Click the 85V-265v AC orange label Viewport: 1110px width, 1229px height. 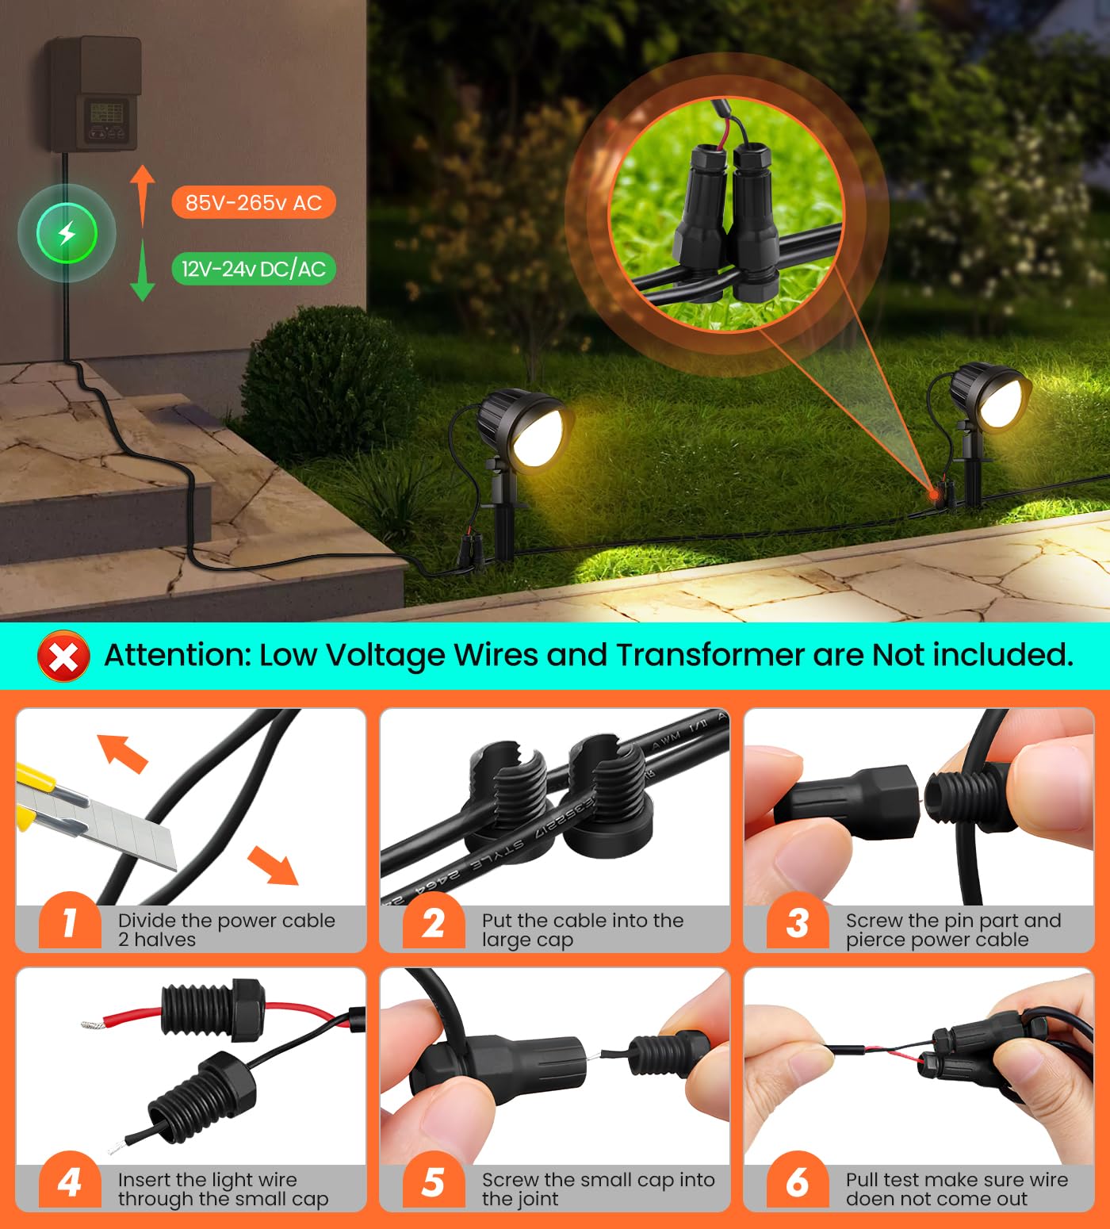(253, 203)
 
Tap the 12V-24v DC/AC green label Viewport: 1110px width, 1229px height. (253, 269)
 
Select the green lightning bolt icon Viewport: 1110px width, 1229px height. (67, 233)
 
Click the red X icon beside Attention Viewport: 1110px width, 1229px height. (63, 657)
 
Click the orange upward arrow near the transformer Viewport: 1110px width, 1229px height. (142, 194)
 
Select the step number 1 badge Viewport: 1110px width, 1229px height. (70, 923)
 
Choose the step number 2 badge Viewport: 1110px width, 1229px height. (433, 923)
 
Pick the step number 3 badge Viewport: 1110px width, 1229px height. (797, 923)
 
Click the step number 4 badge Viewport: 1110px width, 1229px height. (70, 1182)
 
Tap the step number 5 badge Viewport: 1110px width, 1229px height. (433, 1182)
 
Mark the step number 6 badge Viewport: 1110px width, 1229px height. (797, 1182)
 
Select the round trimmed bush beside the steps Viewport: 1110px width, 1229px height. (325, 381)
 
